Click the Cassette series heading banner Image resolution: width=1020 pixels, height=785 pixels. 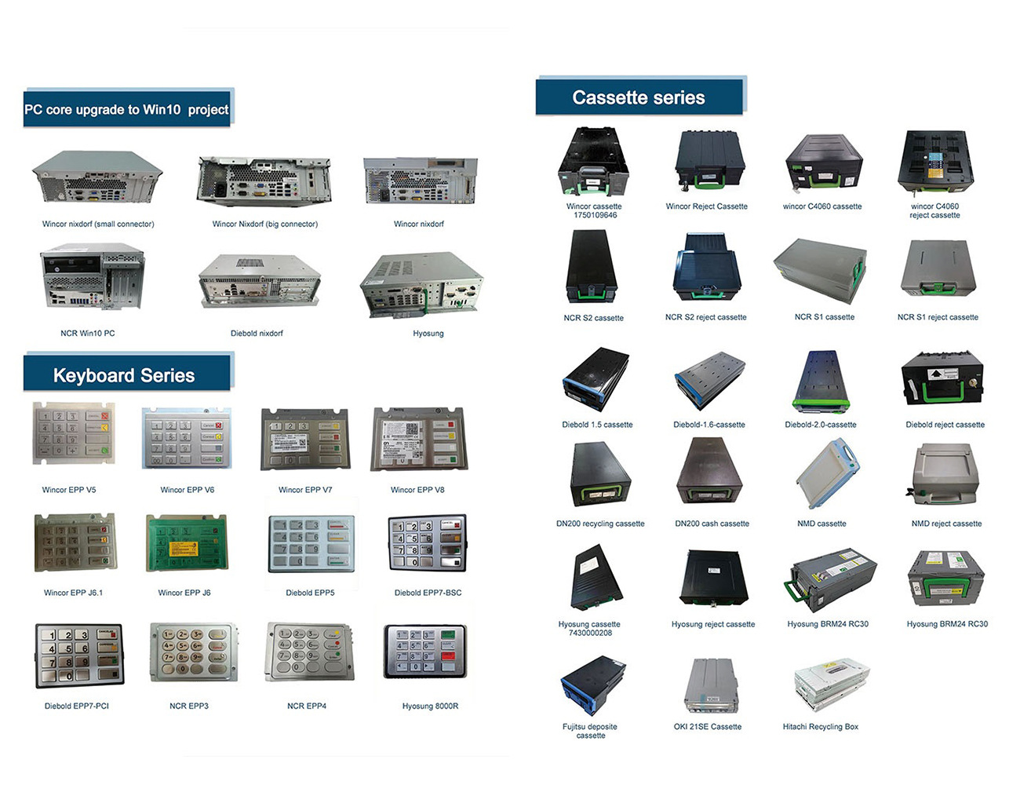(x=639, y=97)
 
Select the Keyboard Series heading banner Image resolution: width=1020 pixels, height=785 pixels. (x=126, y=374)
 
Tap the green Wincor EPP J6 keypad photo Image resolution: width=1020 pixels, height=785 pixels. (x=187, y=543)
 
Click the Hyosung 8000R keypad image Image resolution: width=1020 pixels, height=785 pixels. (x=424, y=651)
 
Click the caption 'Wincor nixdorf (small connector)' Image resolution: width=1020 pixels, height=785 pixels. (x=98, y=224)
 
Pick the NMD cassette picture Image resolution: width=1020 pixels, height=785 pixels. (x=825, y=474)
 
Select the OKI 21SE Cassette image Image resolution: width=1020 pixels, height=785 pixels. (x=710, y=685)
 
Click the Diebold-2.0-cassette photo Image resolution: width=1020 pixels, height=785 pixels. (x=821, y=382)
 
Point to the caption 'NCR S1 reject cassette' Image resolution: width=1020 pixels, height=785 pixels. (x=938, y=317)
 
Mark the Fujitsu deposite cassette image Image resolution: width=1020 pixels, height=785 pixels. (x=591, y=685)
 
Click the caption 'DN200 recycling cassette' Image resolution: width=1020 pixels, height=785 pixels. (x=600, y=524)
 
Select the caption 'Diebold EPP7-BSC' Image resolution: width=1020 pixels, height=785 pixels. (x=428, y=593)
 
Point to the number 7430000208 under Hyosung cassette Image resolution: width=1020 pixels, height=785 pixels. (x=590, y=633)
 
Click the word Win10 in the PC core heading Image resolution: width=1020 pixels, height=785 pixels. (x=162, y=110)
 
